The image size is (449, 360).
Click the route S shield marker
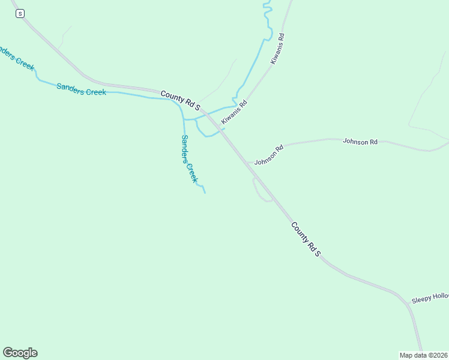pyautogui.click(x=20, y=13)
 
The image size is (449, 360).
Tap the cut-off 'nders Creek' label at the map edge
pyautogui.click(x=16, y=58)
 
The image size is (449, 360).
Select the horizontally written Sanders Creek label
pyautogui.click(x=81, y=89)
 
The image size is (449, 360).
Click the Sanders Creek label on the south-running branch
pyautogui.click(x=189, y=158)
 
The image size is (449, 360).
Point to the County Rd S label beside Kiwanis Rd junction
pyautogui.click(x=180, y=100)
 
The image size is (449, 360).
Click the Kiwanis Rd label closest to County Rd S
pyautogui.click(x=234, y=112)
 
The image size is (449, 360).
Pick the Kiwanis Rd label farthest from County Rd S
pyautogui.click(x=277, y=49)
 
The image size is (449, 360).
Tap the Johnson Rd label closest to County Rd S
pyautogui.click(x=268, y=155)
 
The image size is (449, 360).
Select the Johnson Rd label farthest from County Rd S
pyautogui.click(x=360, y=142)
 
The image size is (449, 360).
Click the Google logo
pyautogui.click(x=20, y=353)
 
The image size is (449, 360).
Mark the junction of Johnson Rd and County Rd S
pyautogui.click(x=247, y=163)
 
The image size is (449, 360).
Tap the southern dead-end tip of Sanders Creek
pyautogui.click(x=205, y=193)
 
